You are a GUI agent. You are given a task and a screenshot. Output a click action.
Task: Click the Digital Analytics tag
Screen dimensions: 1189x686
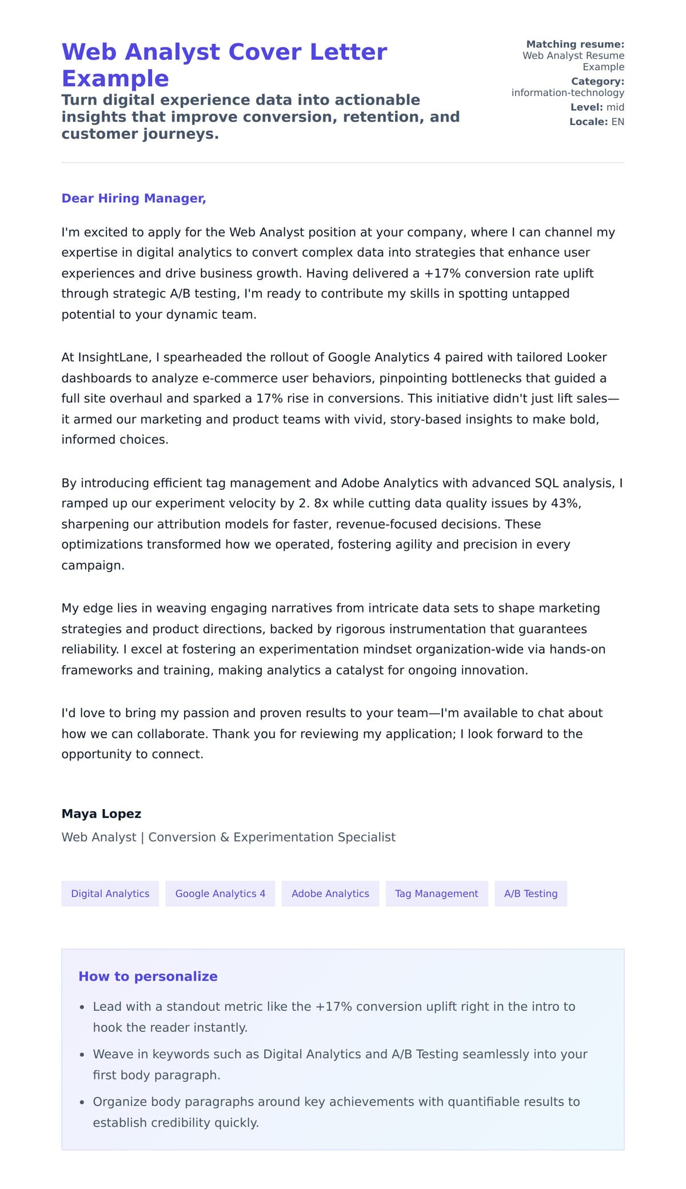110,894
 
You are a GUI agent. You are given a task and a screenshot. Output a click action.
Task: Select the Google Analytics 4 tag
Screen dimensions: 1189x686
220,894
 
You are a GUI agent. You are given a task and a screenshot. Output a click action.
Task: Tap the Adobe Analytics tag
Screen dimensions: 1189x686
330,894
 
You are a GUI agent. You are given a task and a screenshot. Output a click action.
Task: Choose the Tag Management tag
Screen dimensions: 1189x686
436,894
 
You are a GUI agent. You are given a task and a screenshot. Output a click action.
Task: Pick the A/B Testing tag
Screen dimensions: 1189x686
531,894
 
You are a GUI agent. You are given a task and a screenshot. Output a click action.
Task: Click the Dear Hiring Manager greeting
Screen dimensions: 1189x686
134,198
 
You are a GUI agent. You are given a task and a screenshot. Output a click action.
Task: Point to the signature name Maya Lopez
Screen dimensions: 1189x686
101,814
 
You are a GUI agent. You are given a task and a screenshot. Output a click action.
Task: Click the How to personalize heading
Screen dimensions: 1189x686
148,976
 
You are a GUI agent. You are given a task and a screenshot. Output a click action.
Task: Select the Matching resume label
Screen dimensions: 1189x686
575,44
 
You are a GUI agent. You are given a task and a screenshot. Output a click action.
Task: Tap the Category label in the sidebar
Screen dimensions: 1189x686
597,81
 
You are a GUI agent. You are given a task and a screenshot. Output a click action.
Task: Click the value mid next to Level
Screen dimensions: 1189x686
615,107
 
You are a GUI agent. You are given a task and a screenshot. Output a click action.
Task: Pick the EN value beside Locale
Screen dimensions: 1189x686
617,122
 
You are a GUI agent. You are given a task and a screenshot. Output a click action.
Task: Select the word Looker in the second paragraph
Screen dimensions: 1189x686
586,358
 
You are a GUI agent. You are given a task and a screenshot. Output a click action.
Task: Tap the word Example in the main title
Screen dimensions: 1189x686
115,78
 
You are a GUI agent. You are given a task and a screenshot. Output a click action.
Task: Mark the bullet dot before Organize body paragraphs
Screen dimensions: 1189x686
82,1102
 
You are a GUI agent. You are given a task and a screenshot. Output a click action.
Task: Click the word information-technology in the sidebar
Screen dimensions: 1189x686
568,93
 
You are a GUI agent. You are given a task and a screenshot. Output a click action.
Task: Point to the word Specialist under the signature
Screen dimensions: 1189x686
366,837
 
